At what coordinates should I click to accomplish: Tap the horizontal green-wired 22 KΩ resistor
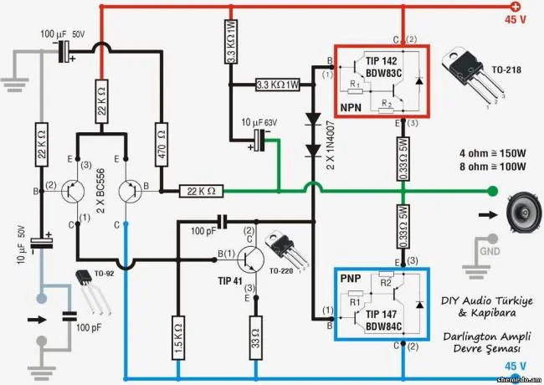click(202, 191)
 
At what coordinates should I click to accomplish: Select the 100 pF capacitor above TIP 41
click(223, 221)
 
